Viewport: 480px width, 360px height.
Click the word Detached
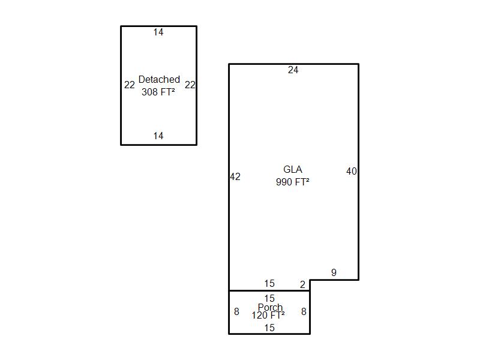pyautogui.click(x=159, y=79)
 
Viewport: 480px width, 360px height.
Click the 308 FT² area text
pyautogui.click(x=158, y=92)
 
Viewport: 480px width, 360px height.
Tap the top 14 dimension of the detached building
pyautogui.click(x=158, y=32)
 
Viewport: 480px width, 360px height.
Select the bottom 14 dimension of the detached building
pyautogui.click(x=158, y=136)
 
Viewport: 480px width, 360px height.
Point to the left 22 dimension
pyautogui.click(x=130, y=85)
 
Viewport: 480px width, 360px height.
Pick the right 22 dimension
pyautogui.click(x=190, y=85)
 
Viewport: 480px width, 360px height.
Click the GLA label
pyautogui.click(x=293, y=169)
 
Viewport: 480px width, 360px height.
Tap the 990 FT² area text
pyautogui.click(x=293, y=182)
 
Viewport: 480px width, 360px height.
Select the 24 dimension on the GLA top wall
pyautogui.click(x=293, y=70)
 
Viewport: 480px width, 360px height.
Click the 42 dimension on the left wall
pyautogui.click(x=235, y=176)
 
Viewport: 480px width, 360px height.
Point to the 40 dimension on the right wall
pyautogui.click(x=352, y=171)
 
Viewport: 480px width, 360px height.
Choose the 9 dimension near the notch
pyautogui.click(x=334, y=272)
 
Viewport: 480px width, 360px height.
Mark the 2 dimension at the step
pyautogui.click(x=302, y=284)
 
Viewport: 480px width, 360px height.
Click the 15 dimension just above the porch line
pyautogui.click(x=269, y=283)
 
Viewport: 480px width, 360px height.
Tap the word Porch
pyautogui.click(x=271, y=307)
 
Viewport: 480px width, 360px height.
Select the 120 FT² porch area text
pyautogui.click(x=268, y=316)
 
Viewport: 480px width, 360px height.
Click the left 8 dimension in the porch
pyautogui.click(x=236, y=311)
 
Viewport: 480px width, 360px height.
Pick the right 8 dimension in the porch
pyautogui.click(x=304, y=311)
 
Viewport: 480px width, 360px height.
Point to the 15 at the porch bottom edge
pyautogui.click(x=269, y=328)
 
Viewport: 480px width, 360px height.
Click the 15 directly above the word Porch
pyautogui.click(x=269, y=298)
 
